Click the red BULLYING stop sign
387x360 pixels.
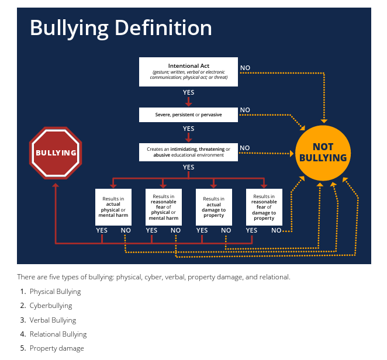[56, 153]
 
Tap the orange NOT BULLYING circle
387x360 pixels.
[323, 153]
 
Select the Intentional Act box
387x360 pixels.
[188, 71]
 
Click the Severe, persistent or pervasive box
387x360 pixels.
[188, 115]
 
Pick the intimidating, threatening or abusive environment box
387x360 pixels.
[188, 152]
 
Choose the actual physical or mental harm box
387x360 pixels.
[113, 207]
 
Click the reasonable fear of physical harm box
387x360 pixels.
[163, 207]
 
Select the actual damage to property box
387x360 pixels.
[213, 207]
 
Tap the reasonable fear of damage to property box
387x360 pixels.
[264, 207]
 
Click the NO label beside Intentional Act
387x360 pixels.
[245, 68]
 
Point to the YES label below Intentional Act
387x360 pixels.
[188, 92]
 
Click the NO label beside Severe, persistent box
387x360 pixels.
[245, 110]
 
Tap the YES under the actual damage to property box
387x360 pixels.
[202, 230]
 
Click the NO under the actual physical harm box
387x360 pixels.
[126, 230]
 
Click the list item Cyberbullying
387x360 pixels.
[51, 306]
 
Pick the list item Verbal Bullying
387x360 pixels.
[53, 320]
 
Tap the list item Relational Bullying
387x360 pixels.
[58, 334]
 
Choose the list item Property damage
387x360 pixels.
[57, 348]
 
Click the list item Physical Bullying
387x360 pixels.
[55, 292]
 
